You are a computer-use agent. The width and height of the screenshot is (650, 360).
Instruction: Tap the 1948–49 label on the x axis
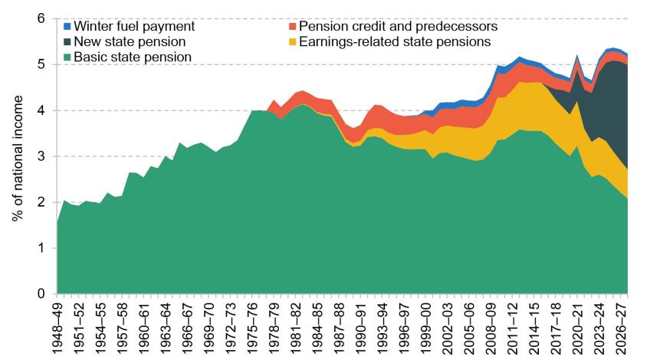(57, 327)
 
